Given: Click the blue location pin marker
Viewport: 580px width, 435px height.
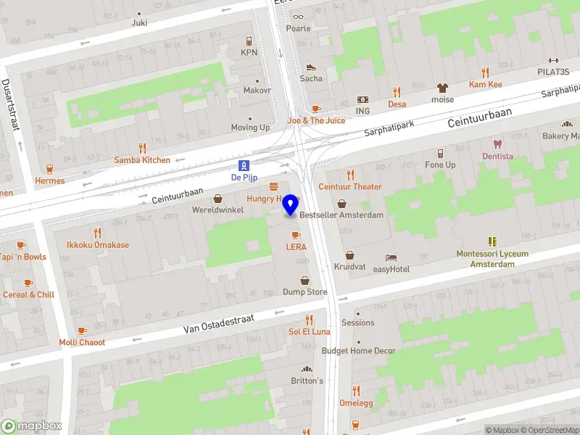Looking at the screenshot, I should [291, 204].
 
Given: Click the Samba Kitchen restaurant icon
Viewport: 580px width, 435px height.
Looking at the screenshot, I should [142, 147].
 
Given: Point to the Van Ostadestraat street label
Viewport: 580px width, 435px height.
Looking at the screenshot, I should [219, 323].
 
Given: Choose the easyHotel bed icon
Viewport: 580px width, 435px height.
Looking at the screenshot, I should [391, 257].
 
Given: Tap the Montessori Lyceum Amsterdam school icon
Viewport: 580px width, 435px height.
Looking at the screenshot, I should [492, 241].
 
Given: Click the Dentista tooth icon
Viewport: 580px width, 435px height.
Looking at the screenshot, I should [497, 144].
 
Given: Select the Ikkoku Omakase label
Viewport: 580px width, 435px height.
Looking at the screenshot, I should [98, 244].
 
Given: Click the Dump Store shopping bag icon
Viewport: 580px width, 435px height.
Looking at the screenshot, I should [304, 280].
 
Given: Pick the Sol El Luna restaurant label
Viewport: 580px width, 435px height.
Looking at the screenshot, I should [309, 331].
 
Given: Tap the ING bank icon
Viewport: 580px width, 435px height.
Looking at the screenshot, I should [362, 99].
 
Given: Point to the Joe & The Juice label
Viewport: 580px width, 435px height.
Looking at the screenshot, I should [316, 120].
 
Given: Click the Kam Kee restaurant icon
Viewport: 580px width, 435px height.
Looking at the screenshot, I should [485, 72].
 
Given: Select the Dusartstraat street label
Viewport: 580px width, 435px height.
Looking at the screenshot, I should [12, 104].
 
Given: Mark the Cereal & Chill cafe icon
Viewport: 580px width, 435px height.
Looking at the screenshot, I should [28, 283].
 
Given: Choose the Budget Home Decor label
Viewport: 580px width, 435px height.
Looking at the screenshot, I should [358, 351].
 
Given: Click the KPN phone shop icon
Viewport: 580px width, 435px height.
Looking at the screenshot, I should [249, 41].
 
